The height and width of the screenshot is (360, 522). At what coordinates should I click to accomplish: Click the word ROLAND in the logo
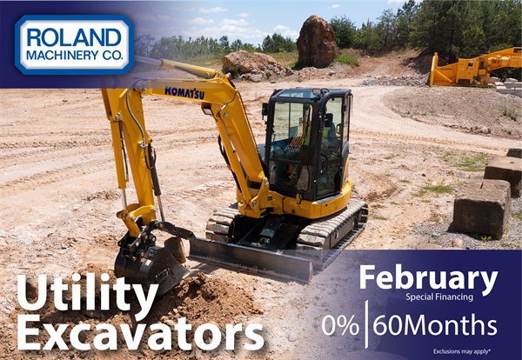(x=73, y=37)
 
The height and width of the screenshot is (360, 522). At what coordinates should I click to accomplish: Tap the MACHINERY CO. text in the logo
(x=73, y=58)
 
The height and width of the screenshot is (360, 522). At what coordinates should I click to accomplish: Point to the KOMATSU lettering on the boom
(x=184, y=92)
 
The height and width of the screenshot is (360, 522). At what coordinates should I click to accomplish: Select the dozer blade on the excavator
(x=252, y=257)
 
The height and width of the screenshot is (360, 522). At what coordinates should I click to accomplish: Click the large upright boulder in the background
(x=317, y=42)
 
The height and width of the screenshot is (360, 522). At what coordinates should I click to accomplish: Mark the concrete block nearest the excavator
(x=479, y=207)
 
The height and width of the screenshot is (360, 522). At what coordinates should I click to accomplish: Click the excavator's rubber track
(x=331, y=227)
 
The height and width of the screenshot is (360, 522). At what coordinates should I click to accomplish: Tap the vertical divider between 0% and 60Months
(x=366, y=325)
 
